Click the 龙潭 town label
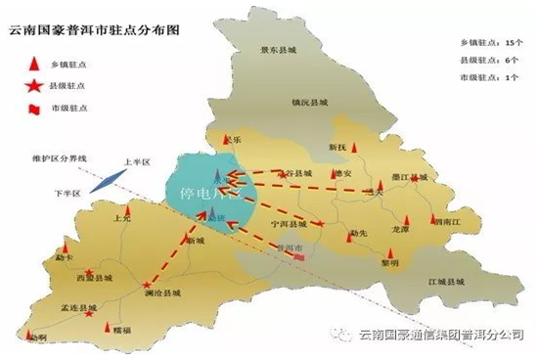point(398,229)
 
